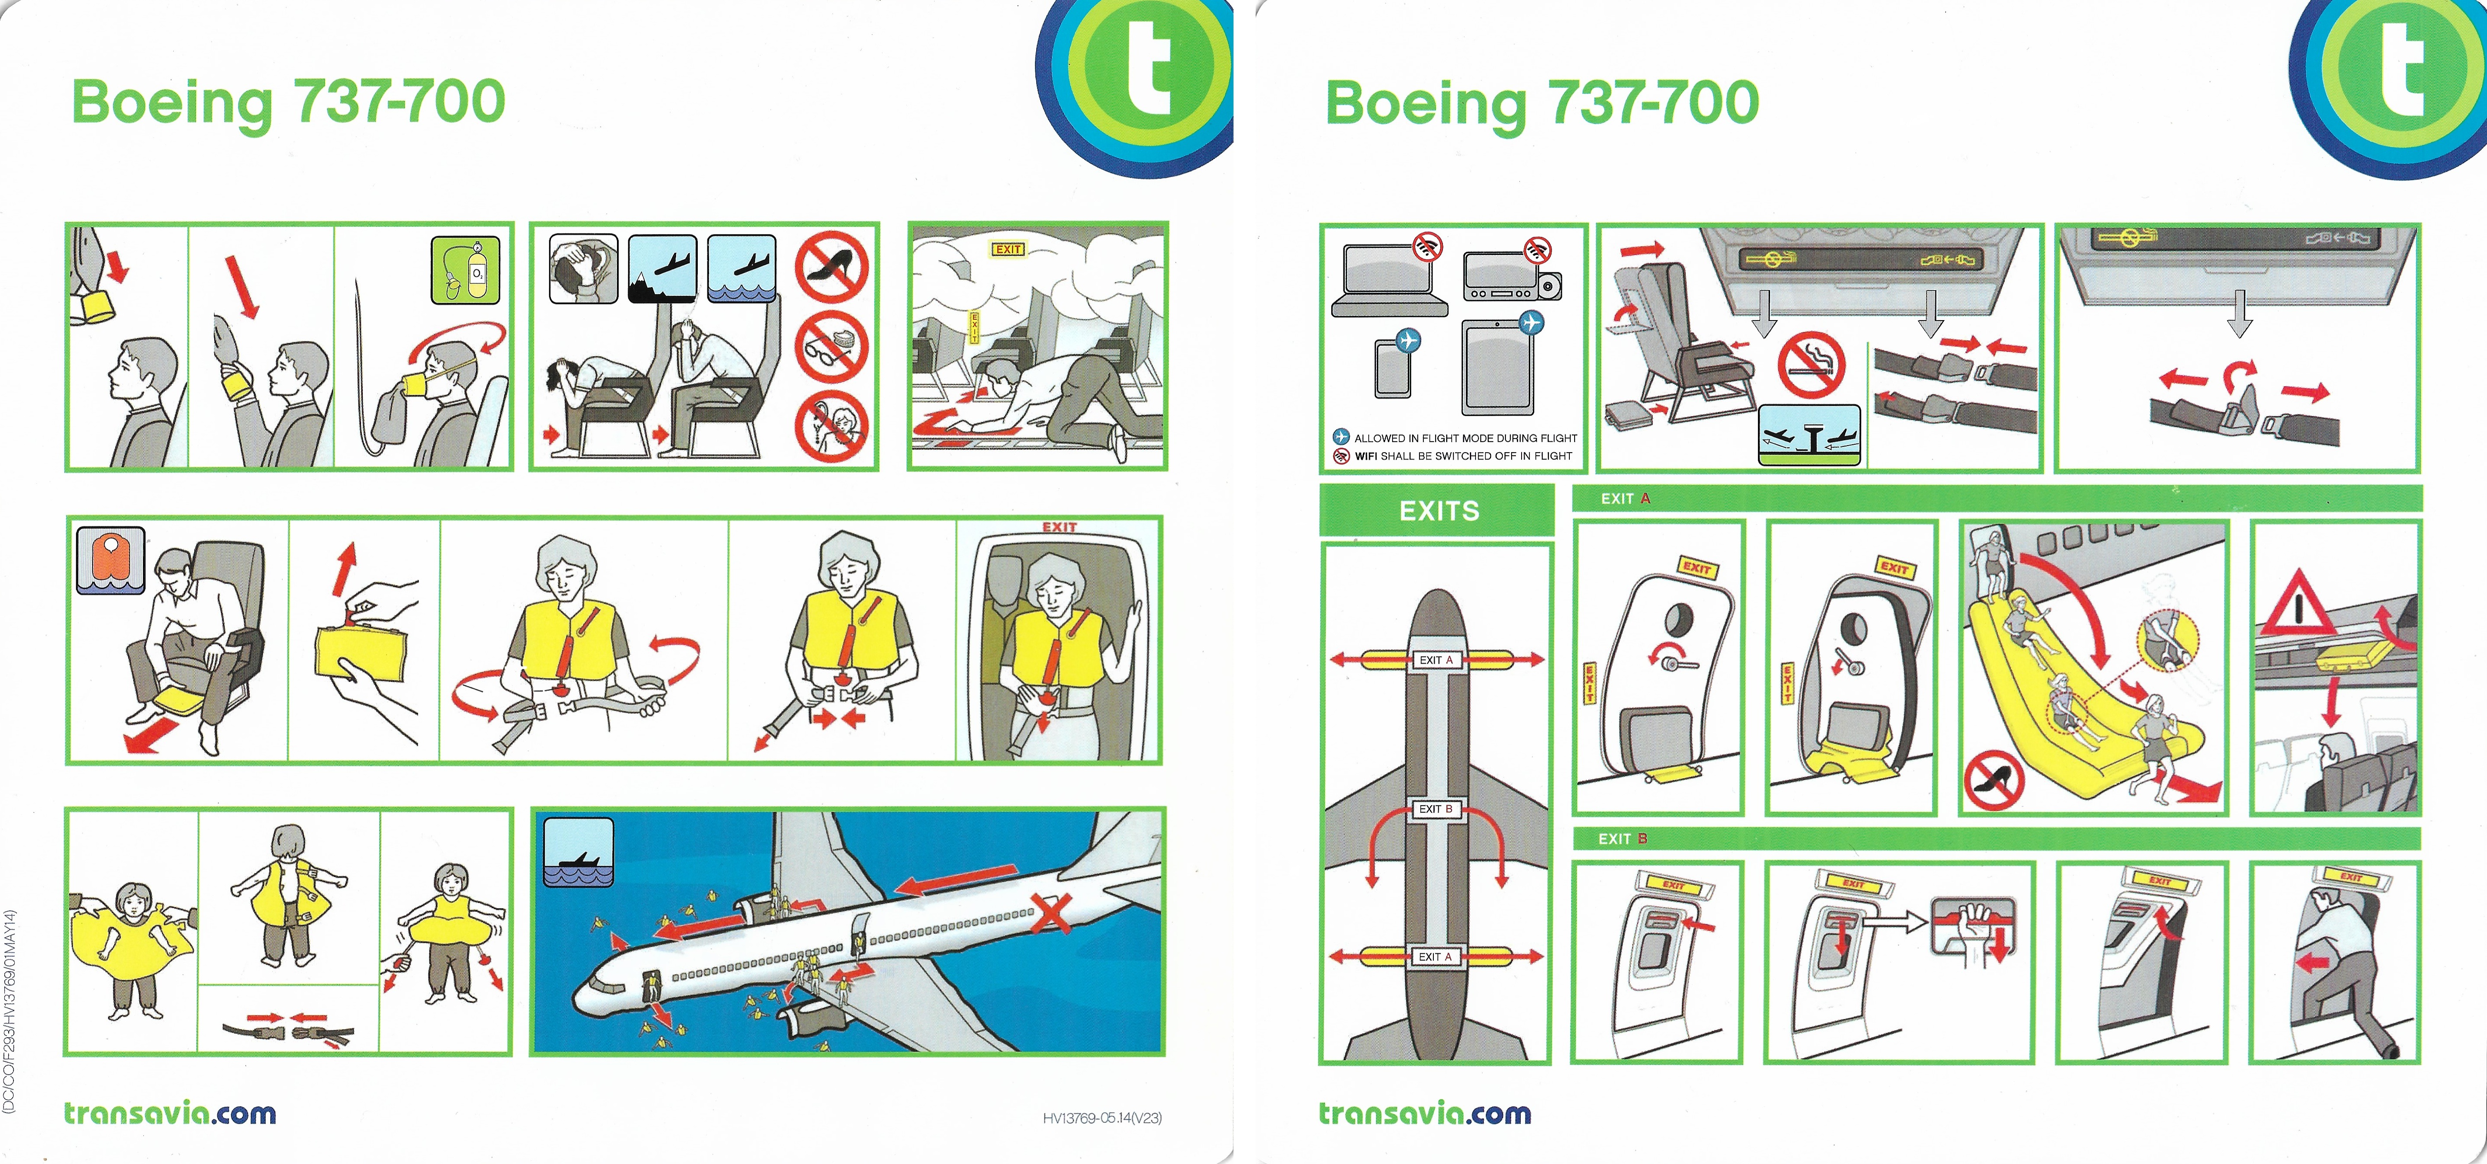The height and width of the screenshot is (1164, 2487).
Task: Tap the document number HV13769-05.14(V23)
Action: [x=1101, y=1118]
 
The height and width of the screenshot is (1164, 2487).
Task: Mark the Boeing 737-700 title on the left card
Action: [x=288, y=103]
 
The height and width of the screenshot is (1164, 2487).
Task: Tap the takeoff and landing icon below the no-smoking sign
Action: [x=1808, y=434]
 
